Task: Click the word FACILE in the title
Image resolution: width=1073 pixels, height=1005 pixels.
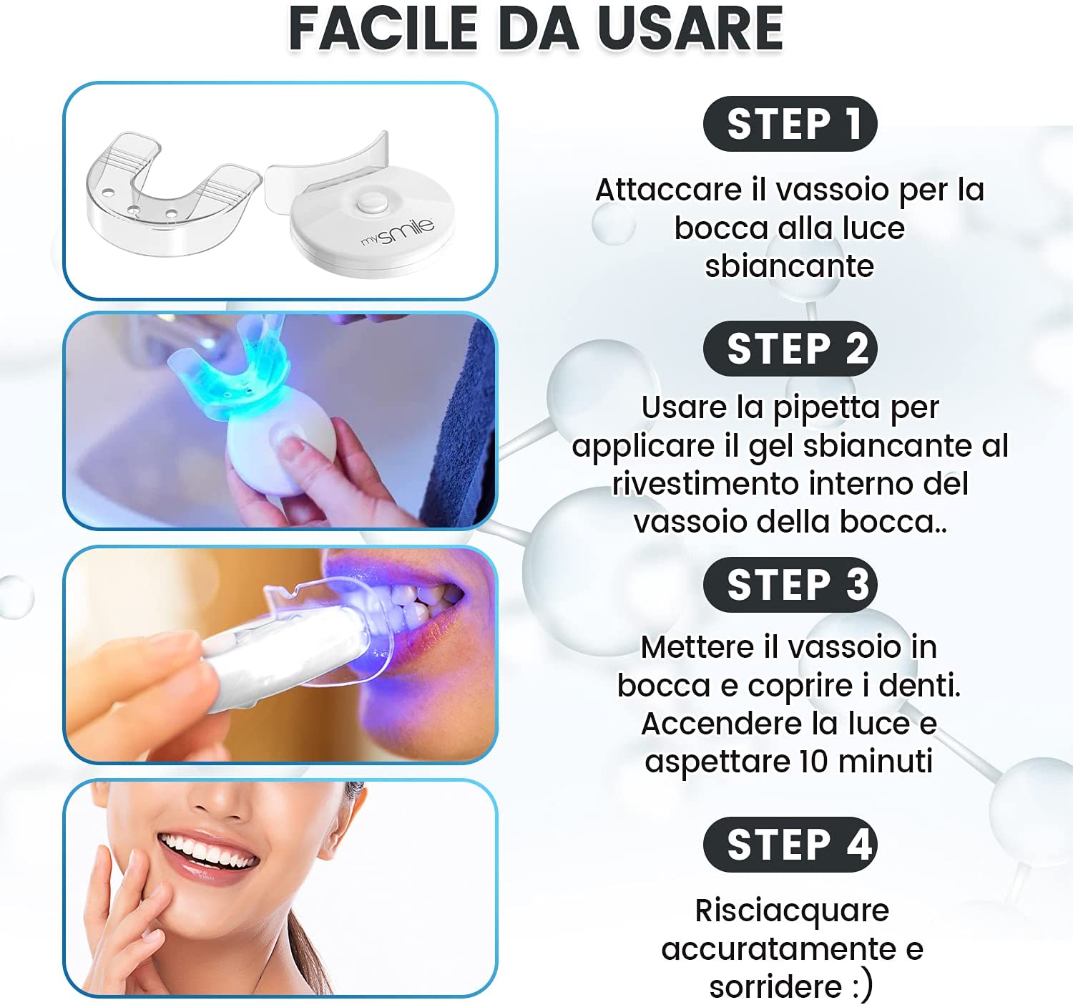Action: pos(383,29)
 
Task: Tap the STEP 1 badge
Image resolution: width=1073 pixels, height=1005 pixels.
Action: pos(790,124)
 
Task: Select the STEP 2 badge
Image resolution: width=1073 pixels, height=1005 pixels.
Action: pos(790,349)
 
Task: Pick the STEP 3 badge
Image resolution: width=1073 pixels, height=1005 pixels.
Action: pos(790,584)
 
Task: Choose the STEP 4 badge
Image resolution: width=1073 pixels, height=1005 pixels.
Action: pos(790,845)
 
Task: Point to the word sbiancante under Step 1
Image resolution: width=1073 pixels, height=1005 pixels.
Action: pos(789,266)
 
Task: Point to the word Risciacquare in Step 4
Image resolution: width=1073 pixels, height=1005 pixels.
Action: pos(792,911)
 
